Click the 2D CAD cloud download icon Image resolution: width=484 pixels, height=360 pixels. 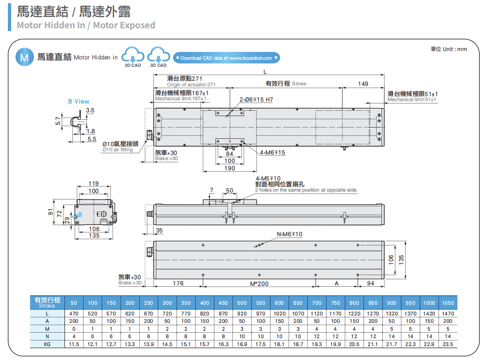pos(132,56)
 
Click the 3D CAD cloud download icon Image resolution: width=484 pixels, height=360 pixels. pos(158,56)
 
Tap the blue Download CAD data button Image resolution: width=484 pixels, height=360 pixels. pos(226,58)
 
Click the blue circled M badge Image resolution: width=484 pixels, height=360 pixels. pos(25,57)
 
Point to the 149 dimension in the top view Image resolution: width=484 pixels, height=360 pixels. pos(363,84)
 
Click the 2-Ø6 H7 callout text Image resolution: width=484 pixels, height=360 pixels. pos(256,100)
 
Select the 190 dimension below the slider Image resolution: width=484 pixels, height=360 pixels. pos(230,168)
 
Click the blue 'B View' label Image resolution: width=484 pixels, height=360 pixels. pos(78,101)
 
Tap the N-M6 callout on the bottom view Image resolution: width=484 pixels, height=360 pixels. pos(289,234)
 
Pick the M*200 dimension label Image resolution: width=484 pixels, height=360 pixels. pos(259,283)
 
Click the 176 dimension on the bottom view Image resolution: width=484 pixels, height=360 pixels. pos(178,283)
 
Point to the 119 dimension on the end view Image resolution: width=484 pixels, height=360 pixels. pos(93,184)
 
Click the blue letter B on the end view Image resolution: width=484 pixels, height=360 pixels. pos(80,214)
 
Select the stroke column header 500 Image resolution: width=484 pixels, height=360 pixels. pos(242,303)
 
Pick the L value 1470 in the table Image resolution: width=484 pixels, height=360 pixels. pos(447,314)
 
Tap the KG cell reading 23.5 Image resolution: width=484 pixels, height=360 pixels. pos(447,345)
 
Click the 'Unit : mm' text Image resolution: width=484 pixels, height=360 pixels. pos(449,49)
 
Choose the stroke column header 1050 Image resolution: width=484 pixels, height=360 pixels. pos(447,303)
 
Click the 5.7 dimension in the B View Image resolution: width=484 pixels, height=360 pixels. pos(58,121)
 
